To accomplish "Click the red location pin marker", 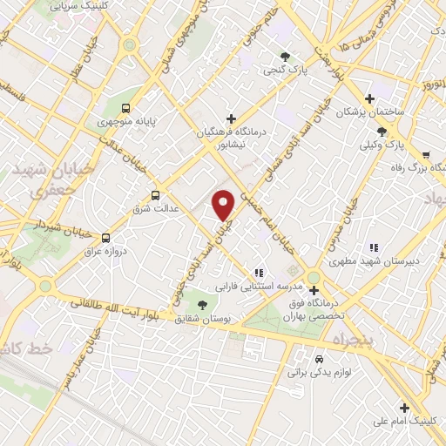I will (224, 204).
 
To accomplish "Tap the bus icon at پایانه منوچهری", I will (126, 109).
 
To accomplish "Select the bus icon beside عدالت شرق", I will (156, 195).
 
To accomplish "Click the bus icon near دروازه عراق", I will (106, 237).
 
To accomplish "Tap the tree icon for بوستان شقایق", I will (203, 305).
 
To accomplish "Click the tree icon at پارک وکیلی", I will (382, 132).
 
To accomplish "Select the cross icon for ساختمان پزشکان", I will (371, 99).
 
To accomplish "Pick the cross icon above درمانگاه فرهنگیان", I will (231, 118).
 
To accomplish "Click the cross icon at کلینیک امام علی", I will (404, 408).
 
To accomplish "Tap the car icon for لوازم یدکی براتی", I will (319, 359).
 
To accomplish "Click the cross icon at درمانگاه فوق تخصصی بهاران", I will (314, 291).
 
